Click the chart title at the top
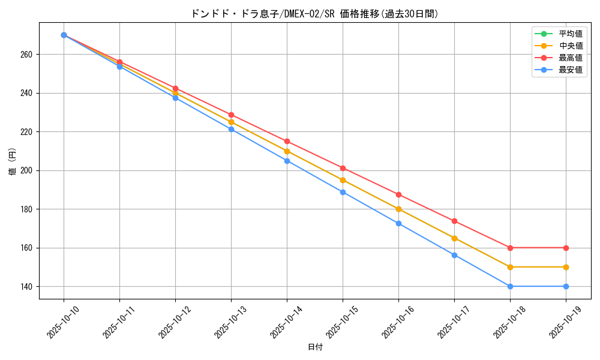(314, 14)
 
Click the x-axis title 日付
(315, 347)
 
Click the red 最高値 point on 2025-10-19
(566, 248)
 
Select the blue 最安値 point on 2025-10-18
(510, 286)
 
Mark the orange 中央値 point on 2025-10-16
(398, 209)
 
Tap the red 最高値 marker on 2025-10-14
(287, 141)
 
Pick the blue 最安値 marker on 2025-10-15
(343, 192)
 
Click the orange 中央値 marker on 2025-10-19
(566, 267)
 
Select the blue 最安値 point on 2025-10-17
(454, 255)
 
